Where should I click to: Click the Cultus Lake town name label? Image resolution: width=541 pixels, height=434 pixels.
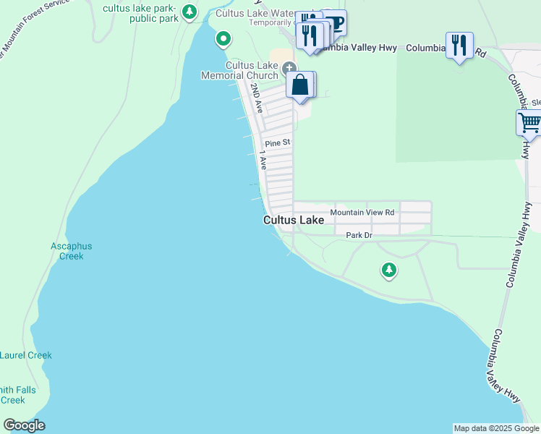pos(293,220)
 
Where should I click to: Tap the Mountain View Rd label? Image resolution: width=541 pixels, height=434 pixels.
pos(362,213)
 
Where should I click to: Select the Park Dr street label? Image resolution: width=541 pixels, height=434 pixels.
pos(359,235)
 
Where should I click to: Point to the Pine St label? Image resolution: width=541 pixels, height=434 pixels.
pos(276,143)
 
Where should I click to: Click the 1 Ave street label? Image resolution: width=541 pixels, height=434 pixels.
pos(263,163)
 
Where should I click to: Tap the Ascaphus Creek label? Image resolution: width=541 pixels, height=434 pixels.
pos(72,251)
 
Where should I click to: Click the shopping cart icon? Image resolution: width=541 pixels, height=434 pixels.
pos(530,122)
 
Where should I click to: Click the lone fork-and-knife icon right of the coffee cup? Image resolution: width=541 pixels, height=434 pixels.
pos(459,45)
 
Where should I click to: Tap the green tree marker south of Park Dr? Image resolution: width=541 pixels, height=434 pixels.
pos(389,271)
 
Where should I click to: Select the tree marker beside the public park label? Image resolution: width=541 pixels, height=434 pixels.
pos(189,12)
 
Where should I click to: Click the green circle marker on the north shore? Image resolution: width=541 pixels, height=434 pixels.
pos(223,38)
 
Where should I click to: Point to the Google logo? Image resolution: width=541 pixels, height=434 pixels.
pos(24,425)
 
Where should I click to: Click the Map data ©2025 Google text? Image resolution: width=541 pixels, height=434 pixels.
pos(496,428)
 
